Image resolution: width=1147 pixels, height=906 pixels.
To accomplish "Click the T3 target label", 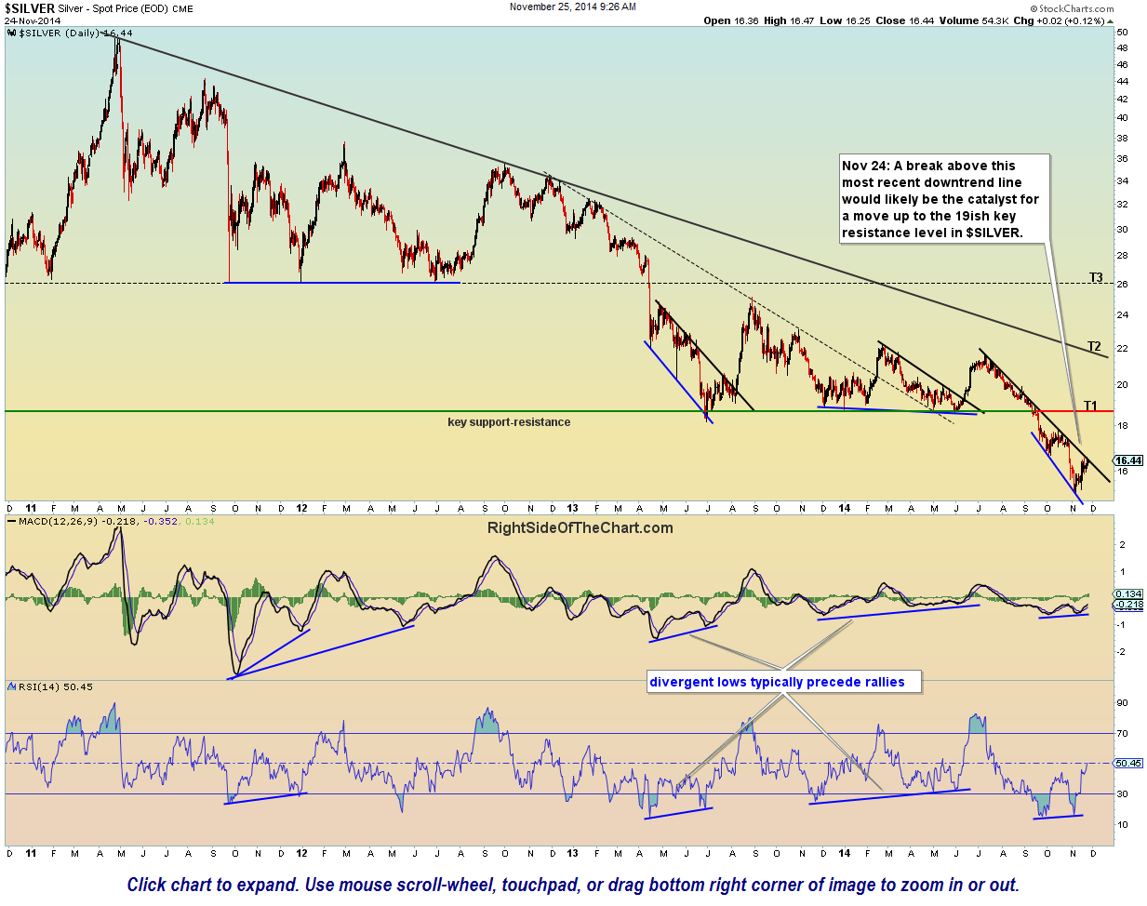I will [1096, 277].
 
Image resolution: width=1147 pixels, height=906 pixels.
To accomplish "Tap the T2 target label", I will [1095, 347].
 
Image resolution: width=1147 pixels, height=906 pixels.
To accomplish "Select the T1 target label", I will [1090, 406].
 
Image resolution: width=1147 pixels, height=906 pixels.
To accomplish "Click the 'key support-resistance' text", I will [509, 422].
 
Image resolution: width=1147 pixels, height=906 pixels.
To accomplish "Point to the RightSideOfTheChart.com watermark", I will [580, 528].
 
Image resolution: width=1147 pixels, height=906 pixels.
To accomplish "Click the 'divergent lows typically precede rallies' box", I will [777, 682].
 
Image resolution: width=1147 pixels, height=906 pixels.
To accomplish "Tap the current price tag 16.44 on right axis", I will [1128, 460].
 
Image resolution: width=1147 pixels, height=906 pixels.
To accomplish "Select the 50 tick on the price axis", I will [1122, 33].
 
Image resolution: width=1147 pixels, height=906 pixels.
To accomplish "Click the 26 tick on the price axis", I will [1122, 285].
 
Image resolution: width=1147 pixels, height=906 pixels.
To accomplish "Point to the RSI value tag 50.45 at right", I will [1128, 763].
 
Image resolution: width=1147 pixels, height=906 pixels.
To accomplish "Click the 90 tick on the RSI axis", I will [1122, 703].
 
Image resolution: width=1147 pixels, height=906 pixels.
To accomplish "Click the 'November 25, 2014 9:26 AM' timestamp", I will [573, 7].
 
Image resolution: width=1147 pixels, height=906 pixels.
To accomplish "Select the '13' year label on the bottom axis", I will [573, 508].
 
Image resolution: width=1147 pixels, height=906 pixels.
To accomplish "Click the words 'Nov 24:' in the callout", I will [865, 166].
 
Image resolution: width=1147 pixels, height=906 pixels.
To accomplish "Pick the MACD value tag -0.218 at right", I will [1128, 605].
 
